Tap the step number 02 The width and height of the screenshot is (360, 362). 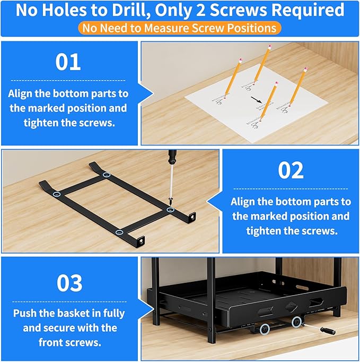point(291,170)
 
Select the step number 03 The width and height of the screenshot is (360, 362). point(69,283)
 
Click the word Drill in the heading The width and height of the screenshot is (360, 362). point(143,10)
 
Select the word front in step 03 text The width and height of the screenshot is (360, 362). point(51,342)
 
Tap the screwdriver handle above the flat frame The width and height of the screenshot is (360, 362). point(172,159)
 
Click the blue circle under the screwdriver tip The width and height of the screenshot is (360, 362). point(170,210)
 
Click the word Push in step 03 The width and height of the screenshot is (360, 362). point(25,313)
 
